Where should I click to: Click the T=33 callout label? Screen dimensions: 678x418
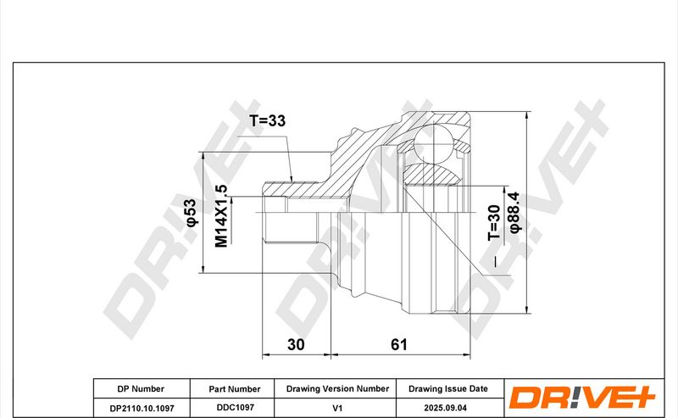(268, 120)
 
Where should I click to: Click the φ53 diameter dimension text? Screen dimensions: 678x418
(191, 213)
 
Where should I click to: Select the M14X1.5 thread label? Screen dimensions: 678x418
(221, 216)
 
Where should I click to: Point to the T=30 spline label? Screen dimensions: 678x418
(494, 222)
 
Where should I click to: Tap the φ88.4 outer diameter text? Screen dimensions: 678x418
(514, 213)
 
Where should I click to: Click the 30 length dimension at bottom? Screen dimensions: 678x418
(296, 344)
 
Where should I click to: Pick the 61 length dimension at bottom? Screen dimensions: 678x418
(399, 344)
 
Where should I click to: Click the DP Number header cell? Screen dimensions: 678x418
(141, 389)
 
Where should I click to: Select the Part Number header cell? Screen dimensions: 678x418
(235, 389)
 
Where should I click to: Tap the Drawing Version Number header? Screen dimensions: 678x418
(337, 388)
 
